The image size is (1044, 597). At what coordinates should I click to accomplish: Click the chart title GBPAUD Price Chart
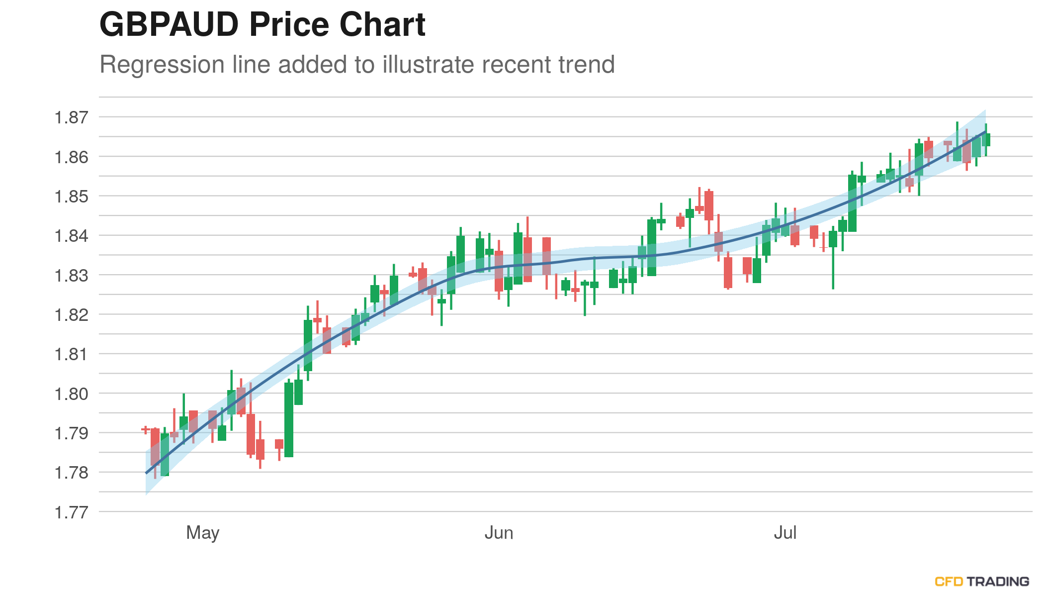(262, 24)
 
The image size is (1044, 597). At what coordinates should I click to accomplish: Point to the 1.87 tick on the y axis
(71, 118)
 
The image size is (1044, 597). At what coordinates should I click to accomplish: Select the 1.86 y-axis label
(71, 157)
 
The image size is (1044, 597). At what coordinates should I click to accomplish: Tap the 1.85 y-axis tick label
(71, 197)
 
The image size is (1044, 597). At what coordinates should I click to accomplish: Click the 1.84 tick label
(71, 236)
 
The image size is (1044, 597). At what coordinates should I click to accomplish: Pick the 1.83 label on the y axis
(71, 275)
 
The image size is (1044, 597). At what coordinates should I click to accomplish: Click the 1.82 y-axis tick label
(71, 315)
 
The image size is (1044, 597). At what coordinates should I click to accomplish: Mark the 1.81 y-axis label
(71, 354)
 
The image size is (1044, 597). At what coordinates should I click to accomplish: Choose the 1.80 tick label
(71, 394)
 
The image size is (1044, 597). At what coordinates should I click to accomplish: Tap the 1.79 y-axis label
(71, 433)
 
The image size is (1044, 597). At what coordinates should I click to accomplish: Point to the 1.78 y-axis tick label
(71, 473)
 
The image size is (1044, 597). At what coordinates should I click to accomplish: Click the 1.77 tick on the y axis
(71, 512)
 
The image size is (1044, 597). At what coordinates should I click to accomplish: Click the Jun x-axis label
(499, 533)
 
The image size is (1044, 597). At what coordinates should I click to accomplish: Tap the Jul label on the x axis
(785, 533)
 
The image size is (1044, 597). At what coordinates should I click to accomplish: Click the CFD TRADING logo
(982, 581)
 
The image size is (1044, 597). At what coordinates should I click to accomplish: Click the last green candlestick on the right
(986, 140)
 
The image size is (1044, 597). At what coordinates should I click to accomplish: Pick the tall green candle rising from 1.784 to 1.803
(289, 419)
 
